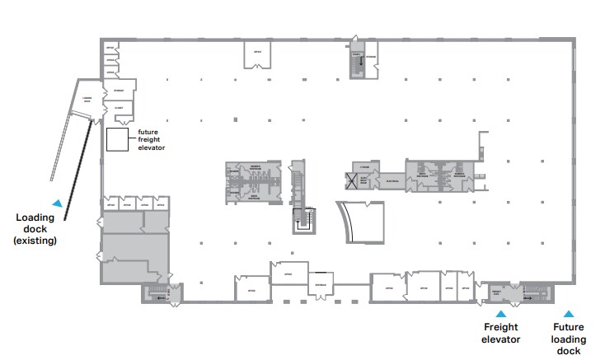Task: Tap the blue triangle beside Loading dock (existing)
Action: click(56, 202)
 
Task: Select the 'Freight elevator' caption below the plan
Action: click(500, 332)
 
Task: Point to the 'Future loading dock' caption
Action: click(569, 339)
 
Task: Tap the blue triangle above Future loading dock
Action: click(568, 313)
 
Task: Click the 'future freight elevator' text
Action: click(152, 139)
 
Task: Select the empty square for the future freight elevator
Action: click(116, 139)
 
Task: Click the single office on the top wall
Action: click(257, 54)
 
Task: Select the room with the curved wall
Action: click(363, 222)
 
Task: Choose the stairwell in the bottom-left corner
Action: click(156, 292)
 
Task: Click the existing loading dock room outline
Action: click(85, 97)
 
